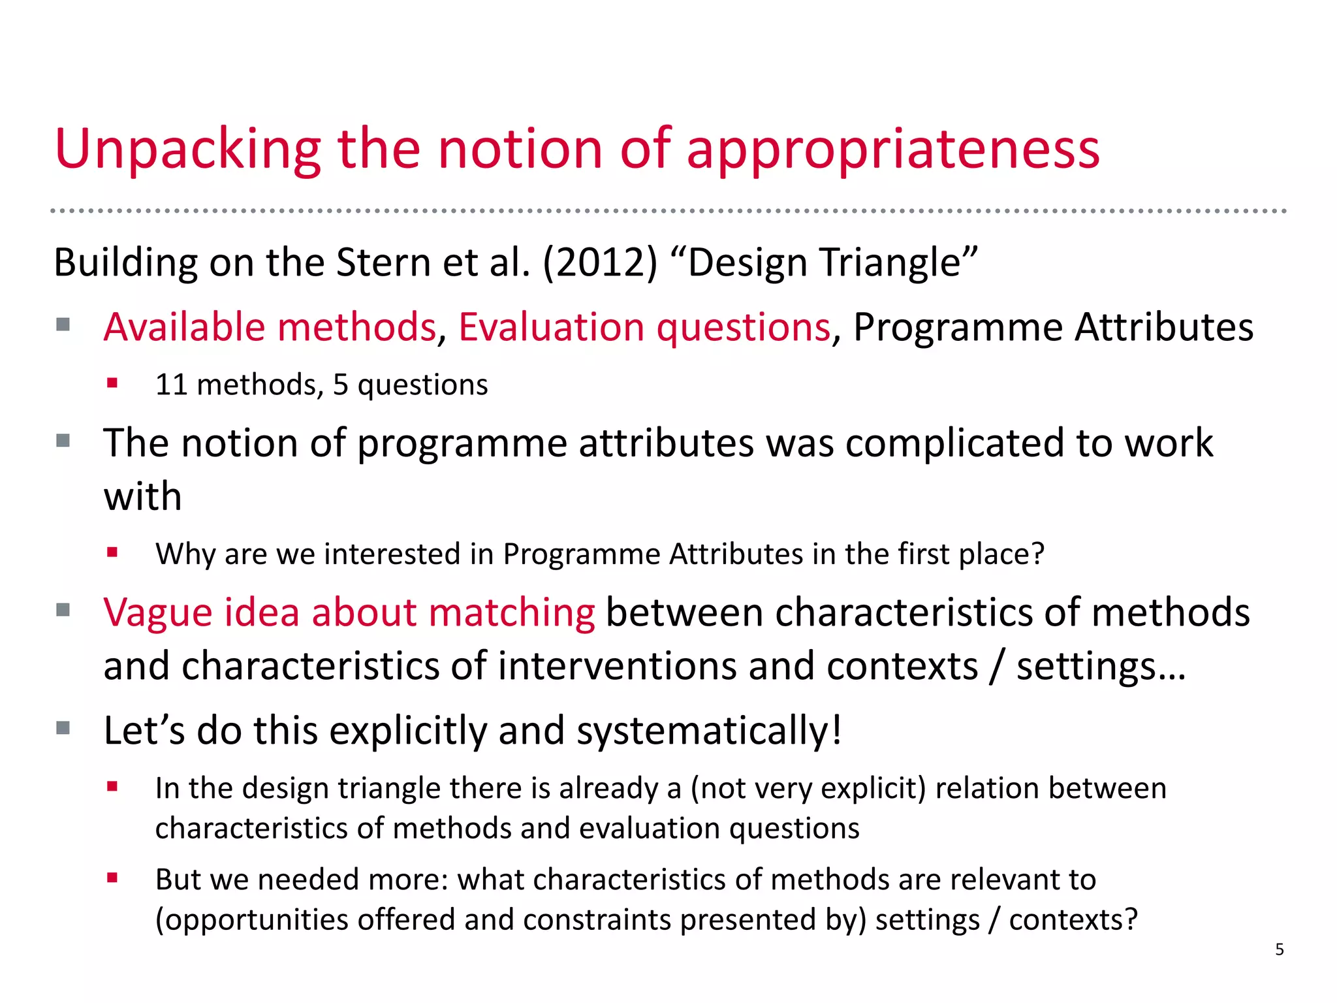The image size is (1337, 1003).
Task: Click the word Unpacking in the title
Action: pos(188,150)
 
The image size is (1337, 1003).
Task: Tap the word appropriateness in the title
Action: pos(893,150)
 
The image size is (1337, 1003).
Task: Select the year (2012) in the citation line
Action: pos(600,263)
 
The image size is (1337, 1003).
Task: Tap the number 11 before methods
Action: pos(172,385)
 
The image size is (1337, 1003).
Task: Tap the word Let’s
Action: pos(144,730)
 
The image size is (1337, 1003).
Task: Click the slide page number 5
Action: pos(1280,949)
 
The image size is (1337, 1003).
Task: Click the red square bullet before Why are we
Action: pos(113,553)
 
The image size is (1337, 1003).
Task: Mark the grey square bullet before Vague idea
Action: pos(63,611)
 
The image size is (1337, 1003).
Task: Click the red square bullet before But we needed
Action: pos(113,878)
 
